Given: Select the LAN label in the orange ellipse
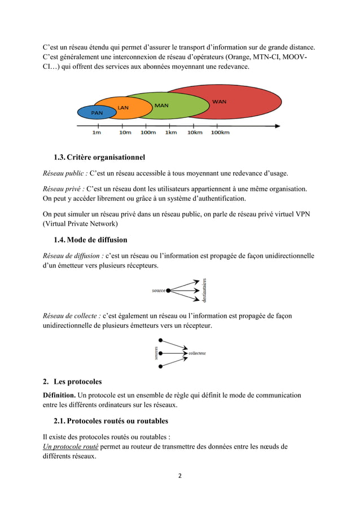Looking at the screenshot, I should [x=123, y=107].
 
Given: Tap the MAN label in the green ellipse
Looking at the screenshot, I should [x=161, y=106].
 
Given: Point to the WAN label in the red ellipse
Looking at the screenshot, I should [x=219, y=102].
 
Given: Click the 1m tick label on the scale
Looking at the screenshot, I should [x=97, y=133].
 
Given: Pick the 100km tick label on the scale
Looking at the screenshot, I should [x=220, y=133].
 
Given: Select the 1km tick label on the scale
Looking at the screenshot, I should [x=171, y=133].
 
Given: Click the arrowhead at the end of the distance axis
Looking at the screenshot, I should [x=276, y=126].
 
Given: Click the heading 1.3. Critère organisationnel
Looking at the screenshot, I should [x=99, y=156].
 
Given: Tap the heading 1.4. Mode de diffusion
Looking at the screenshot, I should [x=90, y=240].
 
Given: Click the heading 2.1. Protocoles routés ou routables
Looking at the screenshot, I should [x=110, y=421].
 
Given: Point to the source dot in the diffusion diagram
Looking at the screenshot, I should [x=168, y=291].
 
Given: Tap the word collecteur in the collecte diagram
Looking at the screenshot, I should [x=197, y=353].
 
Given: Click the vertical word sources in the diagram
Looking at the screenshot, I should [x=156, y=353].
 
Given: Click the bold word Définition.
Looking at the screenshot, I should [x=59, y=395].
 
